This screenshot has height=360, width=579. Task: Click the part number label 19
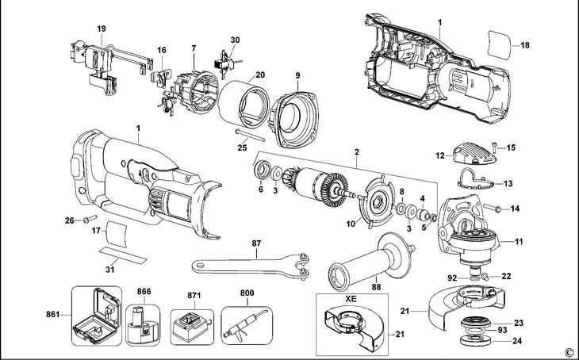(101, 29)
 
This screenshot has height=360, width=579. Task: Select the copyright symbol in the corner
(568, 352)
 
